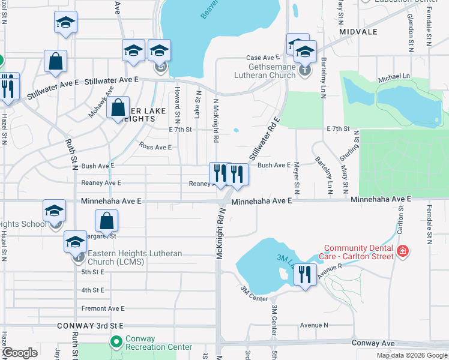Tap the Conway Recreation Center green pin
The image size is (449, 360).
click(116, 342)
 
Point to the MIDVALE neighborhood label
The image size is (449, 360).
click(358, 31)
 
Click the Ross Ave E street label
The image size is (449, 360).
click(155, 147)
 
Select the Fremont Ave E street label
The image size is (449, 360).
click(103, 308)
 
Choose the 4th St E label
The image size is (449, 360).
click(93, 290)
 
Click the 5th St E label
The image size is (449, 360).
click(93, 272)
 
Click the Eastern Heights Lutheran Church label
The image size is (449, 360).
click(134, 258)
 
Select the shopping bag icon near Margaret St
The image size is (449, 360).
click(106, 221)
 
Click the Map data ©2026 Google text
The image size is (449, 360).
click(412, 355)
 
